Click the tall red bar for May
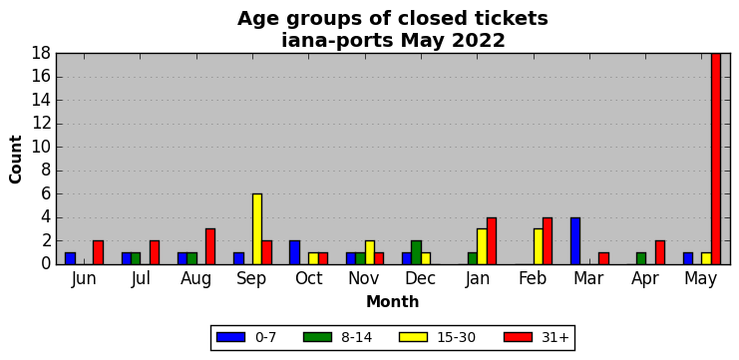point(716,159)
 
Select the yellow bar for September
point(257,229)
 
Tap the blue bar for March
point(575,240)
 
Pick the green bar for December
point(416,252)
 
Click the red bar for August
point(210,246)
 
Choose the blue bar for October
point(294,252)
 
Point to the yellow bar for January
point(482,246)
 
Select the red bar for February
point(548,240)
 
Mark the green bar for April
point(641,258)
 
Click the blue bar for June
point(70,258)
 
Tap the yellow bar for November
point(369,252)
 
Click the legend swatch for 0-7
point(231,337)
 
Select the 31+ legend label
point(556,337)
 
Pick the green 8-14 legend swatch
point(318,337)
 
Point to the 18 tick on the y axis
point(41,53)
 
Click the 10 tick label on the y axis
point(41,147)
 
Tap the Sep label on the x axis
point(251,279)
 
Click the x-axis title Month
point(393,301)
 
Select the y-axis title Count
point(16,160)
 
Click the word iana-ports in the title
point(337,41)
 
